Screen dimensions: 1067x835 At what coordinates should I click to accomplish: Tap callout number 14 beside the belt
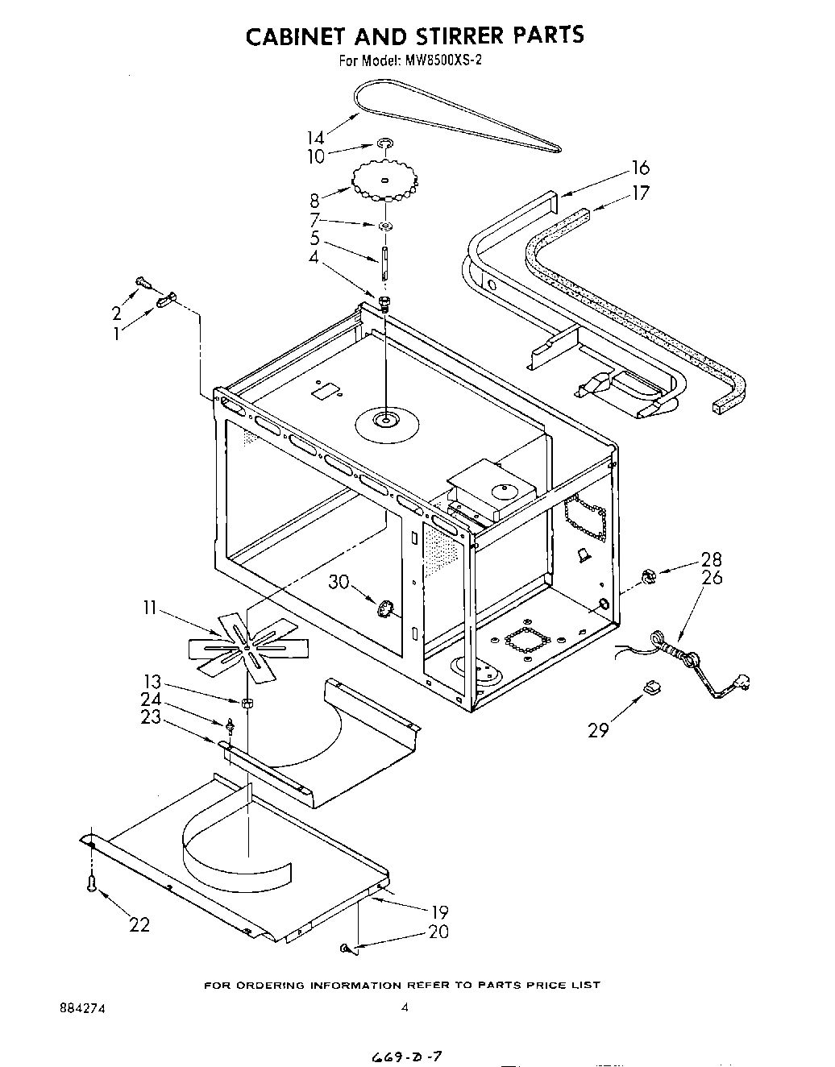(x=315, y=137)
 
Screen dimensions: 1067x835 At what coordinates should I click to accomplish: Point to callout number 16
(x=640, y=168)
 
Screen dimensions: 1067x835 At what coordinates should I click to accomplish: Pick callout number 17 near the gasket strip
(x=640, y=193)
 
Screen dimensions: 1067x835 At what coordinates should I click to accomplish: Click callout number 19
(x=439, y=912)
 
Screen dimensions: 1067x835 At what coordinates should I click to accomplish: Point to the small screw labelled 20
(x=345, y=950)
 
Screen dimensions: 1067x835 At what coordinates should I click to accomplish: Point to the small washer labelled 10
(x=385, y=144)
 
